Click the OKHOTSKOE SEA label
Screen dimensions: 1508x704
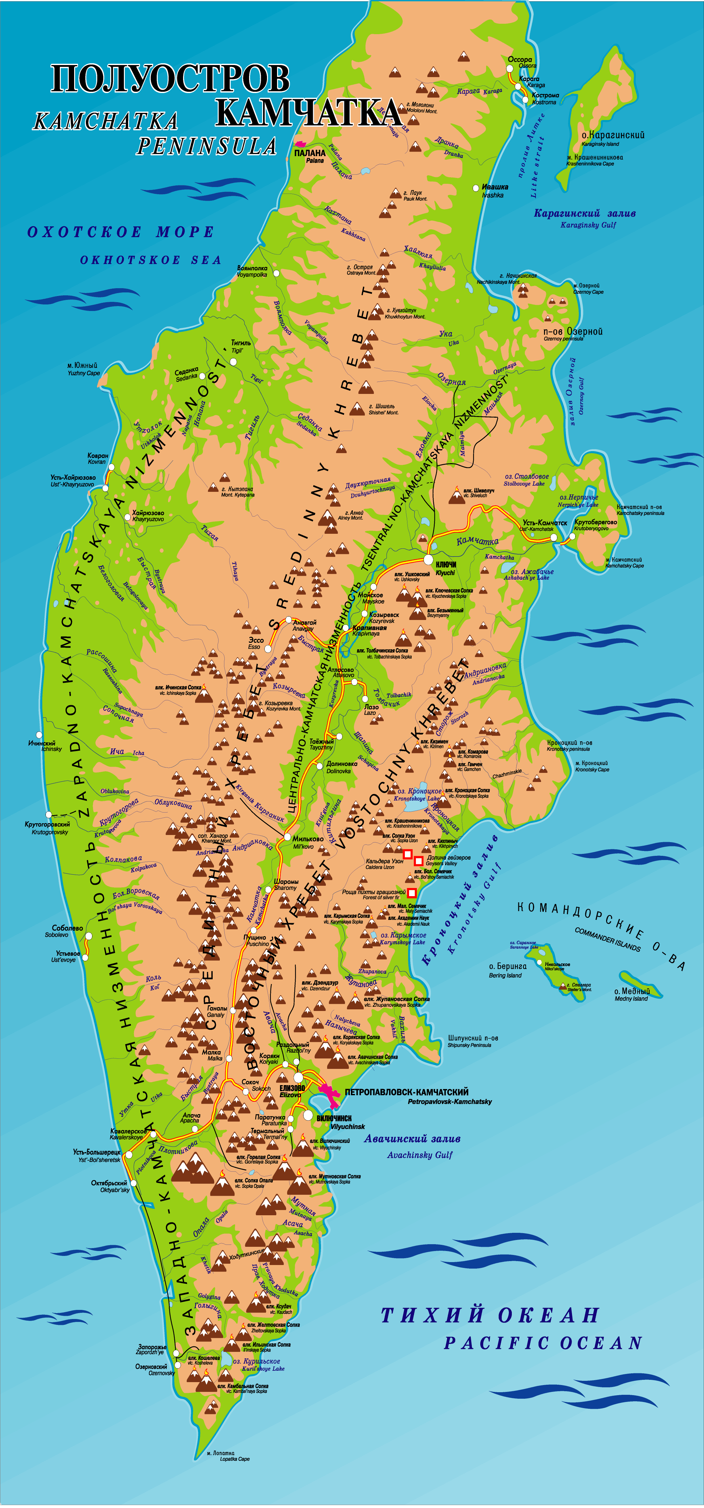(151, 260)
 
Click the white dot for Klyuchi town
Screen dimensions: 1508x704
(428, 560)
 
